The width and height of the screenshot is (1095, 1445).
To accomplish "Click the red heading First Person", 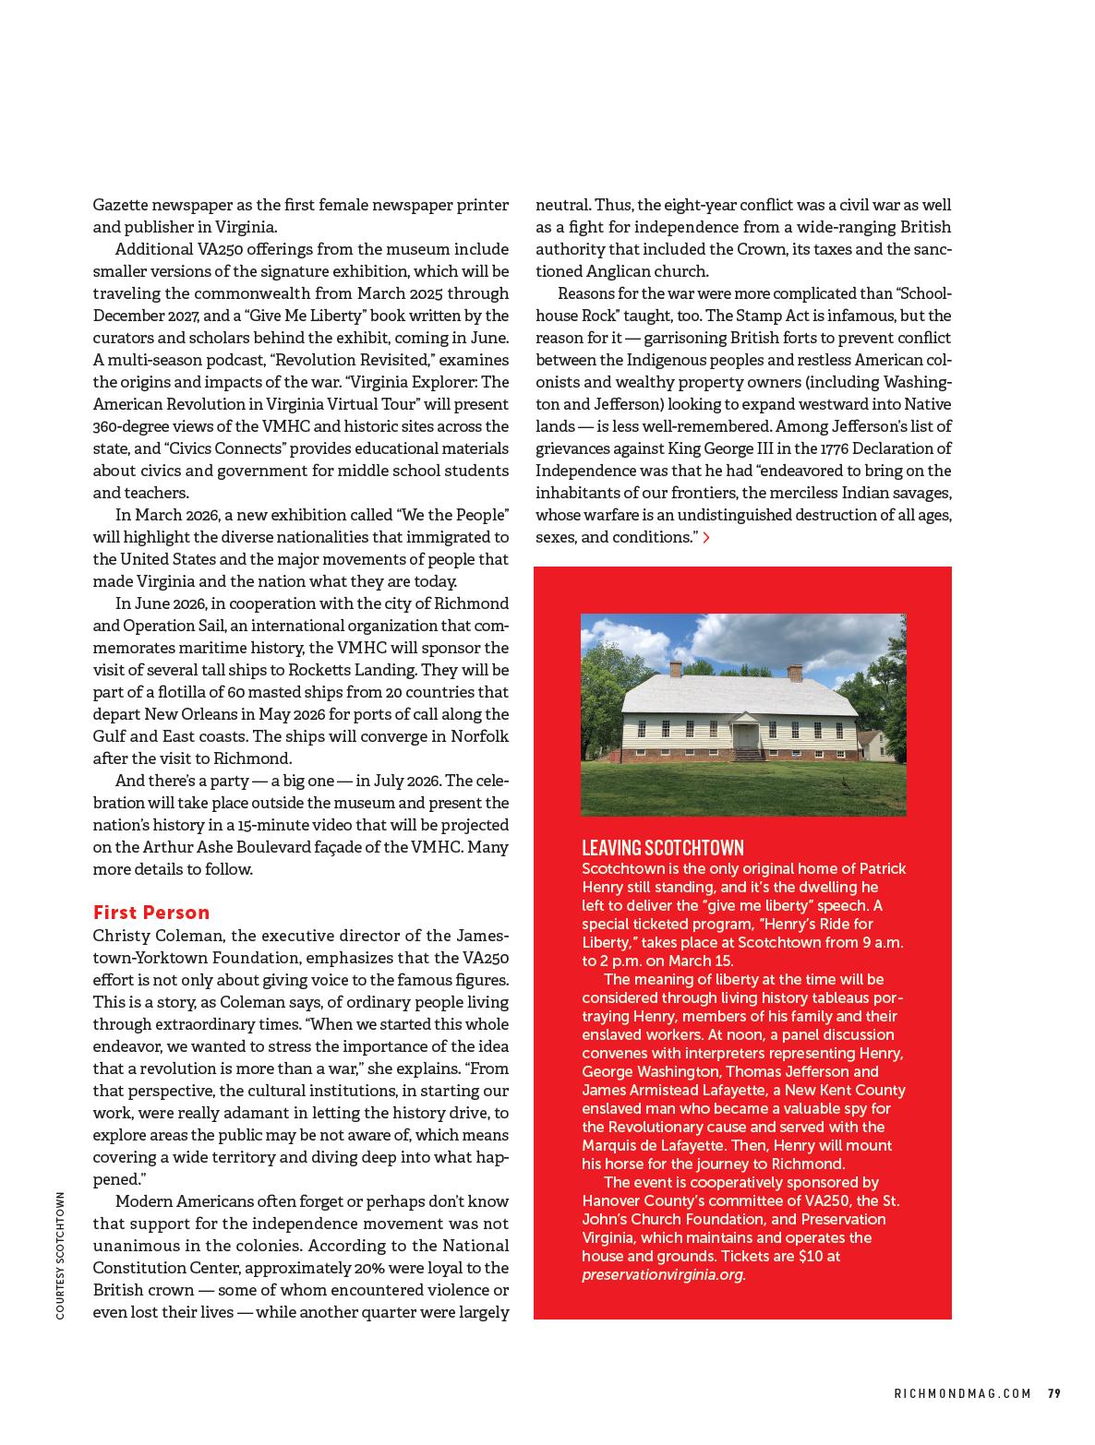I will [x=151, y=913].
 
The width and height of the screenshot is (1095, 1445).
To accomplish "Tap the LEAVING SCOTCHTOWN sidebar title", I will [x=662, y=848].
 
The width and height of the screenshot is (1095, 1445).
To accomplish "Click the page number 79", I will [x=1053, y=1394].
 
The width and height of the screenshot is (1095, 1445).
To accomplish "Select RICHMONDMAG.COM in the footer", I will [x=962, y=1394].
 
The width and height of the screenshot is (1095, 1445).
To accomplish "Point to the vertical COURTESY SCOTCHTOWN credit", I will [x=60, y=1255].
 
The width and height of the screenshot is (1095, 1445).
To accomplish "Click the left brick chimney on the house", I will [x=676, y=670].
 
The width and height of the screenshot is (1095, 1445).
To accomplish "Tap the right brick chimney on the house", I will [x=794, y=673].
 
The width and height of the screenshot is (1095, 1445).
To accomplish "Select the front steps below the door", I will [x=747, y=754].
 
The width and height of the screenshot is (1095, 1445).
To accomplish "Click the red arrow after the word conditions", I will [x=706, y=537].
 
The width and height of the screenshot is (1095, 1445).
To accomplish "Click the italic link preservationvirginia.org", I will [x=663, y=1274].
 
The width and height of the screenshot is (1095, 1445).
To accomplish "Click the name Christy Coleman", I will [x=156, y=936].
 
